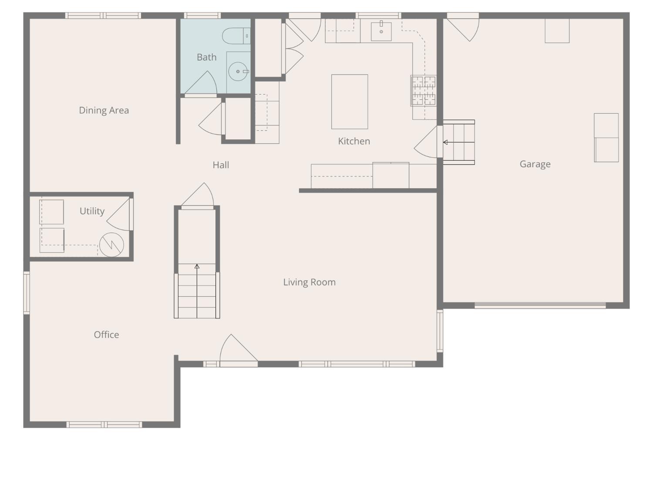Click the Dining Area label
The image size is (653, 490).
(x=104, y=110)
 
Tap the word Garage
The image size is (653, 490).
(x=535, y=164)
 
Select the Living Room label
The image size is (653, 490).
(x=309, y=282)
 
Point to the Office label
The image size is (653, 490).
(x=106, y=335)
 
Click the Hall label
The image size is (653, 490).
(x=221, y=165)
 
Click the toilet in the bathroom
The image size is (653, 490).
(x=235, y=36)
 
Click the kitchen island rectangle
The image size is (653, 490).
(x=350, y=101)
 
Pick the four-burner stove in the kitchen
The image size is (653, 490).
(x=424, y=91)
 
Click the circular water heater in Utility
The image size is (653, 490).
(x=111, y=245)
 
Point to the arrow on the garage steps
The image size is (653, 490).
(x=445, y=142)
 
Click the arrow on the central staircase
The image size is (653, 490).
(x=197, y=267)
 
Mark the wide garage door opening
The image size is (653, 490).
(x=540, y=306)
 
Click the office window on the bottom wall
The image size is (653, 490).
(x=104, y=425)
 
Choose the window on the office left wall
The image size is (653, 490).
(x=27, y=292)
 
